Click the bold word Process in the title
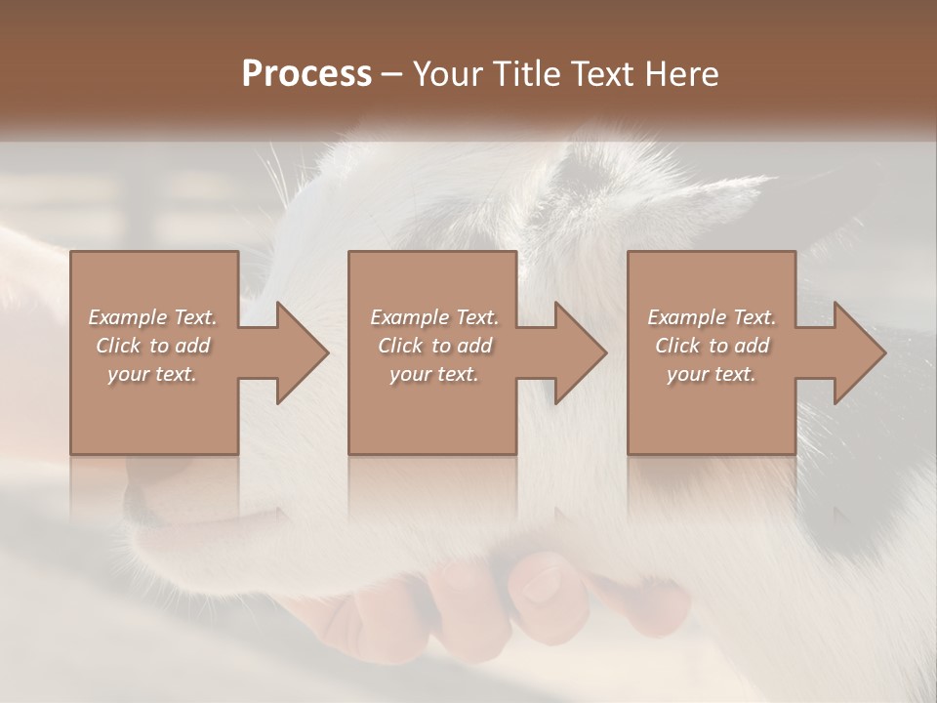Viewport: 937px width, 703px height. [306, 74]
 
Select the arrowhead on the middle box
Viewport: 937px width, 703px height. [580, 352]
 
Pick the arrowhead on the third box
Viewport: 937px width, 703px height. [859, 352]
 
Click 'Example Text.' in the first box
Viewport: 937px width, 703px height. [153, 317]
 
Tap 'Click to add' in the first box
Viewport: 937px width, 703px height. [153, 346]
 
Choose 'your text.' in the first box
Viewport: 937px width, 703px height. [153, 374]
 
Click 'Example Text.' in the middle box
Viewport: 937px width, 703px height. [433, 317]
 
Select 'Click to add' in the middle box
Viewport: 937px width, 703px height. [433, 346]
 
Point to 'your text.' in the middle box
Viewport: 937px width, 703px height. [433, 374]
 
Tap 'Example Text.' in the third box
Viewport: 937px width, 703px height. [712, 317]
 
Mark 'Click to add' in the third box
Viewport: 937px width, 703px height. [712, 346]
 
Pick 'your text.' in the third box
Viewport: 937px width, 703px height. [712, 374]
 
